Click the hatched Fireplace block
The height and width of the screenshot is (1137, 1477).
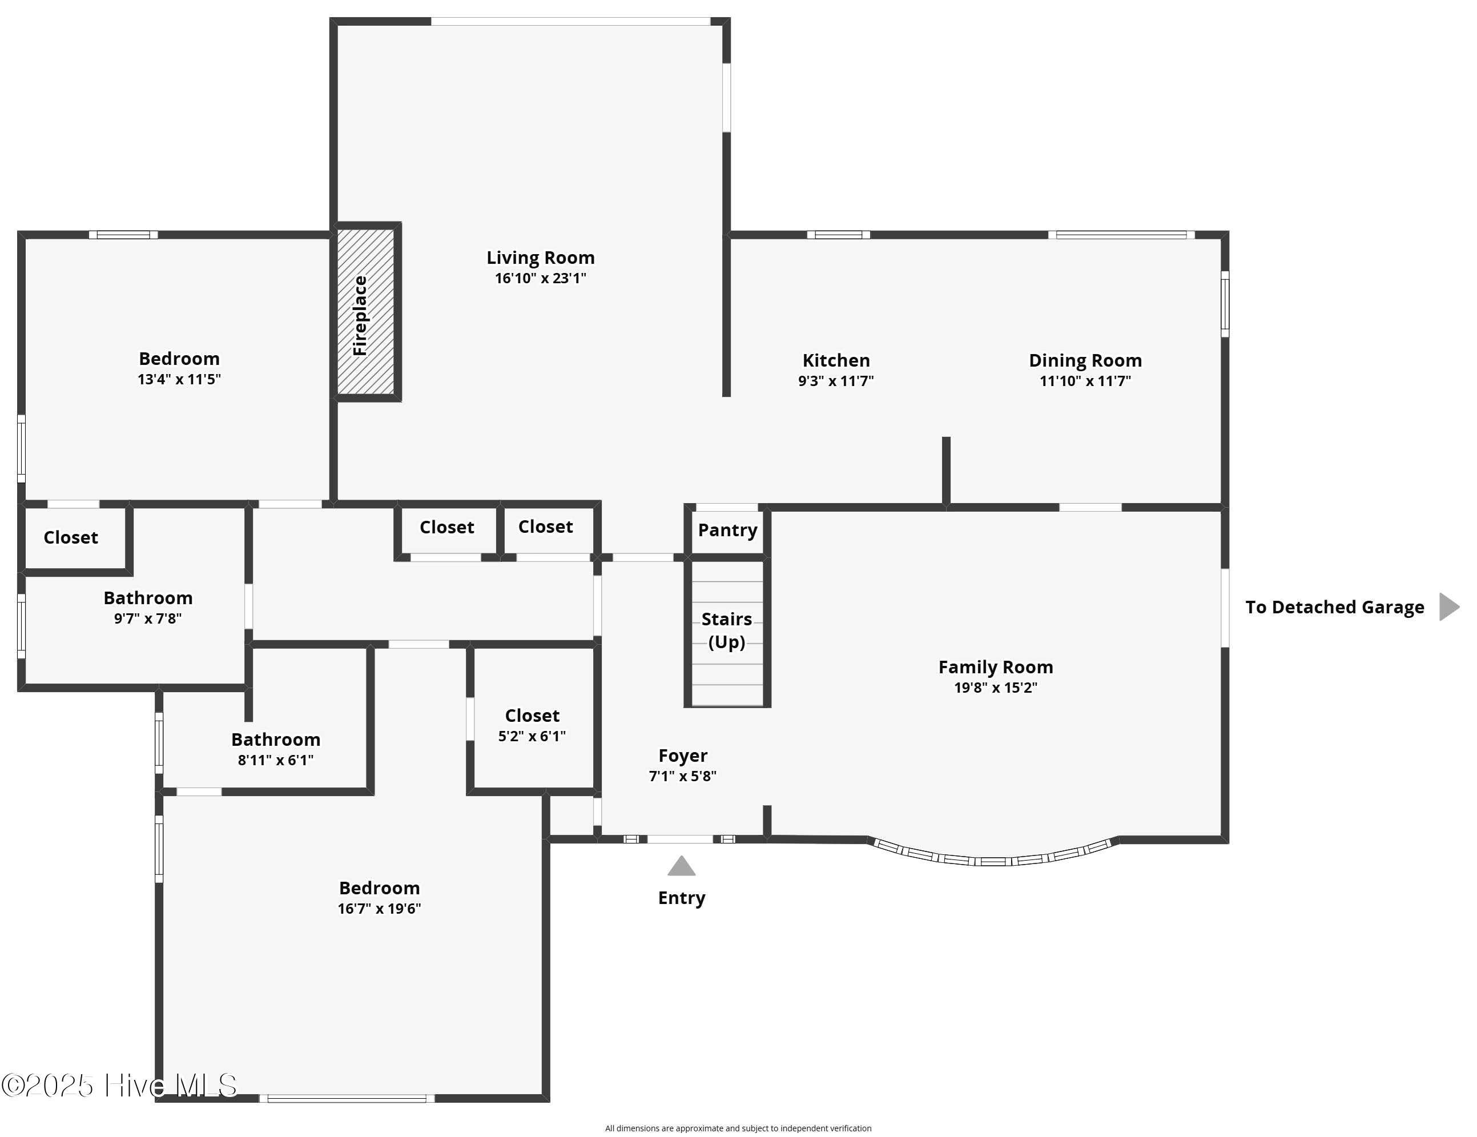(x=366, y=312)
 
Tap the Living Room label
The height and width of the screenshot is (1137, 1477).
(x=540, y=258)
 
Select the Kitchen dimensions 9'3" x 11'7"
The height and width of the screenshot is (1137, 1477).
(x=836, y=381)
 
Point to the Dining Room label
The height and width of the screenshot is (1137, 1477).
(x=1085, y=360)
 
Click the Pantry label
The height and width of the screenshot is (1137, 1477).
(x=727, y=531)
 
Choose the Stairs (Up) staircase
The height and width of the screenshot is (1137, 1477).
(x=727, y=632)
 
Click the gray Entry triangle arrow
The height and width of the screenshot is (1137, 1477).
(x=681, y=866)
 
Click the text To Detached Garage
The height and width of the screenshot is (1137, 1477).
(x=1334, y=608)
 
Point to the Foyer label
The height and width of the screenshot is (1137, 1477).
(x=682, y=756)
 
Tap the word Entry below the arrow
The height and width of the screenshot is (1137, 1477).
(x=681, y=898)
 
